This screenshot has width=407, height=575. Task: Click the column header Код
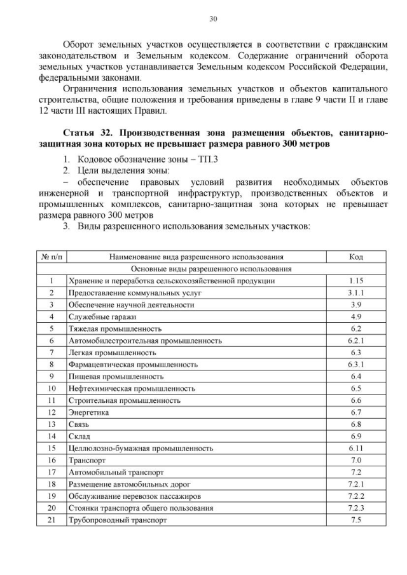[x=355, y=257]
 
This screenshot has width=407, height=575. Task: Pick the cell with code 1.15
[x=355, y=280]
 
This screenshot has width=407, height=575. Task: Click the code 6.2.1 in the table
[x=355, y=341]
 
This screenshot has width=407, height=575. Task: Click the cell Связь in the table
[x=79, y=424]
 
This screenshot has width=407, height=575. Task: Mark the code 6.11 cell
[x=355, y=449]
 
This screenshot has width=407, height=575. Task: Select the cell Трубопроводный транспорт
[x=118, y=520]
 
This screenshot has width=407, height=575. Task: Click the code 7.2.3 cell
[x=355, y=508]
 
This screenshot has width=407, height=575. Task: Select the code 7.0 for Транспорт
[x=355, y=460]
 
